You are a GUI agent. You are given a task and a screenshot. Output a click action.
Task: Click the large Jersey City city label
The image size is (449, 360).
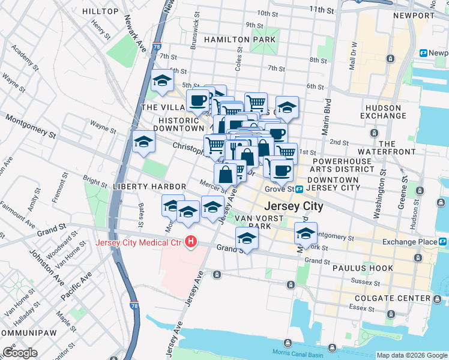[293, 206]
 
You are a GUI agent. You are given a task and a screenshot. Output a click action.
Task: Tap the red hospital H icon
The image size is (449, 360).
[191, 242]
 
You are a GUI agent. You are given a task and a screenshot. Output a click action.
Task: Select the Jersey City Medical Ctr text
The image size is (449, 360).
[140, 243]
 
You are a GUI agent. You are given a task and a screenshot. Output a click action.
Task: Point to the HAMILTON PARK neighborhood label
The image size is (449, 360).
[240, 40]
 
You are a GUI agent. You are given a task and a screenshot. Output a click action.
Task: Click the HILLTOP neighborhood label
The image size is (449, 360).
[100, 11]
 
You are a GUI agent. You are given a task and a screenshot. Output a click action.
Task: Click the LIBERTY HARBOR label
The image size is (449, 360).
[149, 187]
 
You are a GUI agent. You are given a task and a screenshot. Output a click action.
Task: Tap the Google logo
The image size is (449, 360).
[20, 352]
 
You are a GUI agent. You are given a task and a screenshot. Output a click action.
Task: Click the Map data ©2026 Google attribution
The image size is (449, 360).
[411, 355]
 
